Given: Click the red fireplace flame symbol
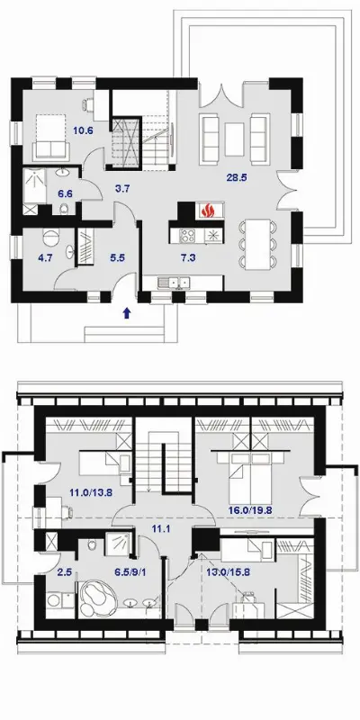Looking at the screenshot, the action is pyautogui.click(x=208, y=211).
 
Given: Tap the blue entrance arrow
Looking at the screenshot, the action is pyautogui.click(x=127, y=313).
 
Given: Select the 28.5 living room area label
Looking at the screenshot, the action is pyautogui.click(x=237, y=177).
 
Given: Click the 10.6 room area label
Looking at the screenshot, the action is pyautogui.click(x=83, y=130).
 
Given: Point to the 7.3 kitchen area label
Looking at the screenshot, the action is pyautogui.click(x=188, y=258).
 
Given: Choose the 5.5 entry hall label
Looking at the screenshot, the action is pyautogui.click(x=118, y=258).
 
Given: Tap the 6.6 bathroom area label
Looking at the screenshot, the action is pyautogui.click(x=65, y=193).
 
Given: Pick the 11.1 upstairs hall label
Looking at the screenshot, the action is pyautogui.click(x=161, y=528).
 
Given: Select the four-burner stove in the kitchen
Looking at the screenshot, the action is pyautogui.click(x=187, y=236).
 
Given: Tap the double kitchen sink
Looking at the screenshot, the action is pyautogui.click(x=174, y=283).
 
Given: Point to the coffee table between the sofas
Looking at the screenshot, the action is pyautogui.click(x=234, y=139).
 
